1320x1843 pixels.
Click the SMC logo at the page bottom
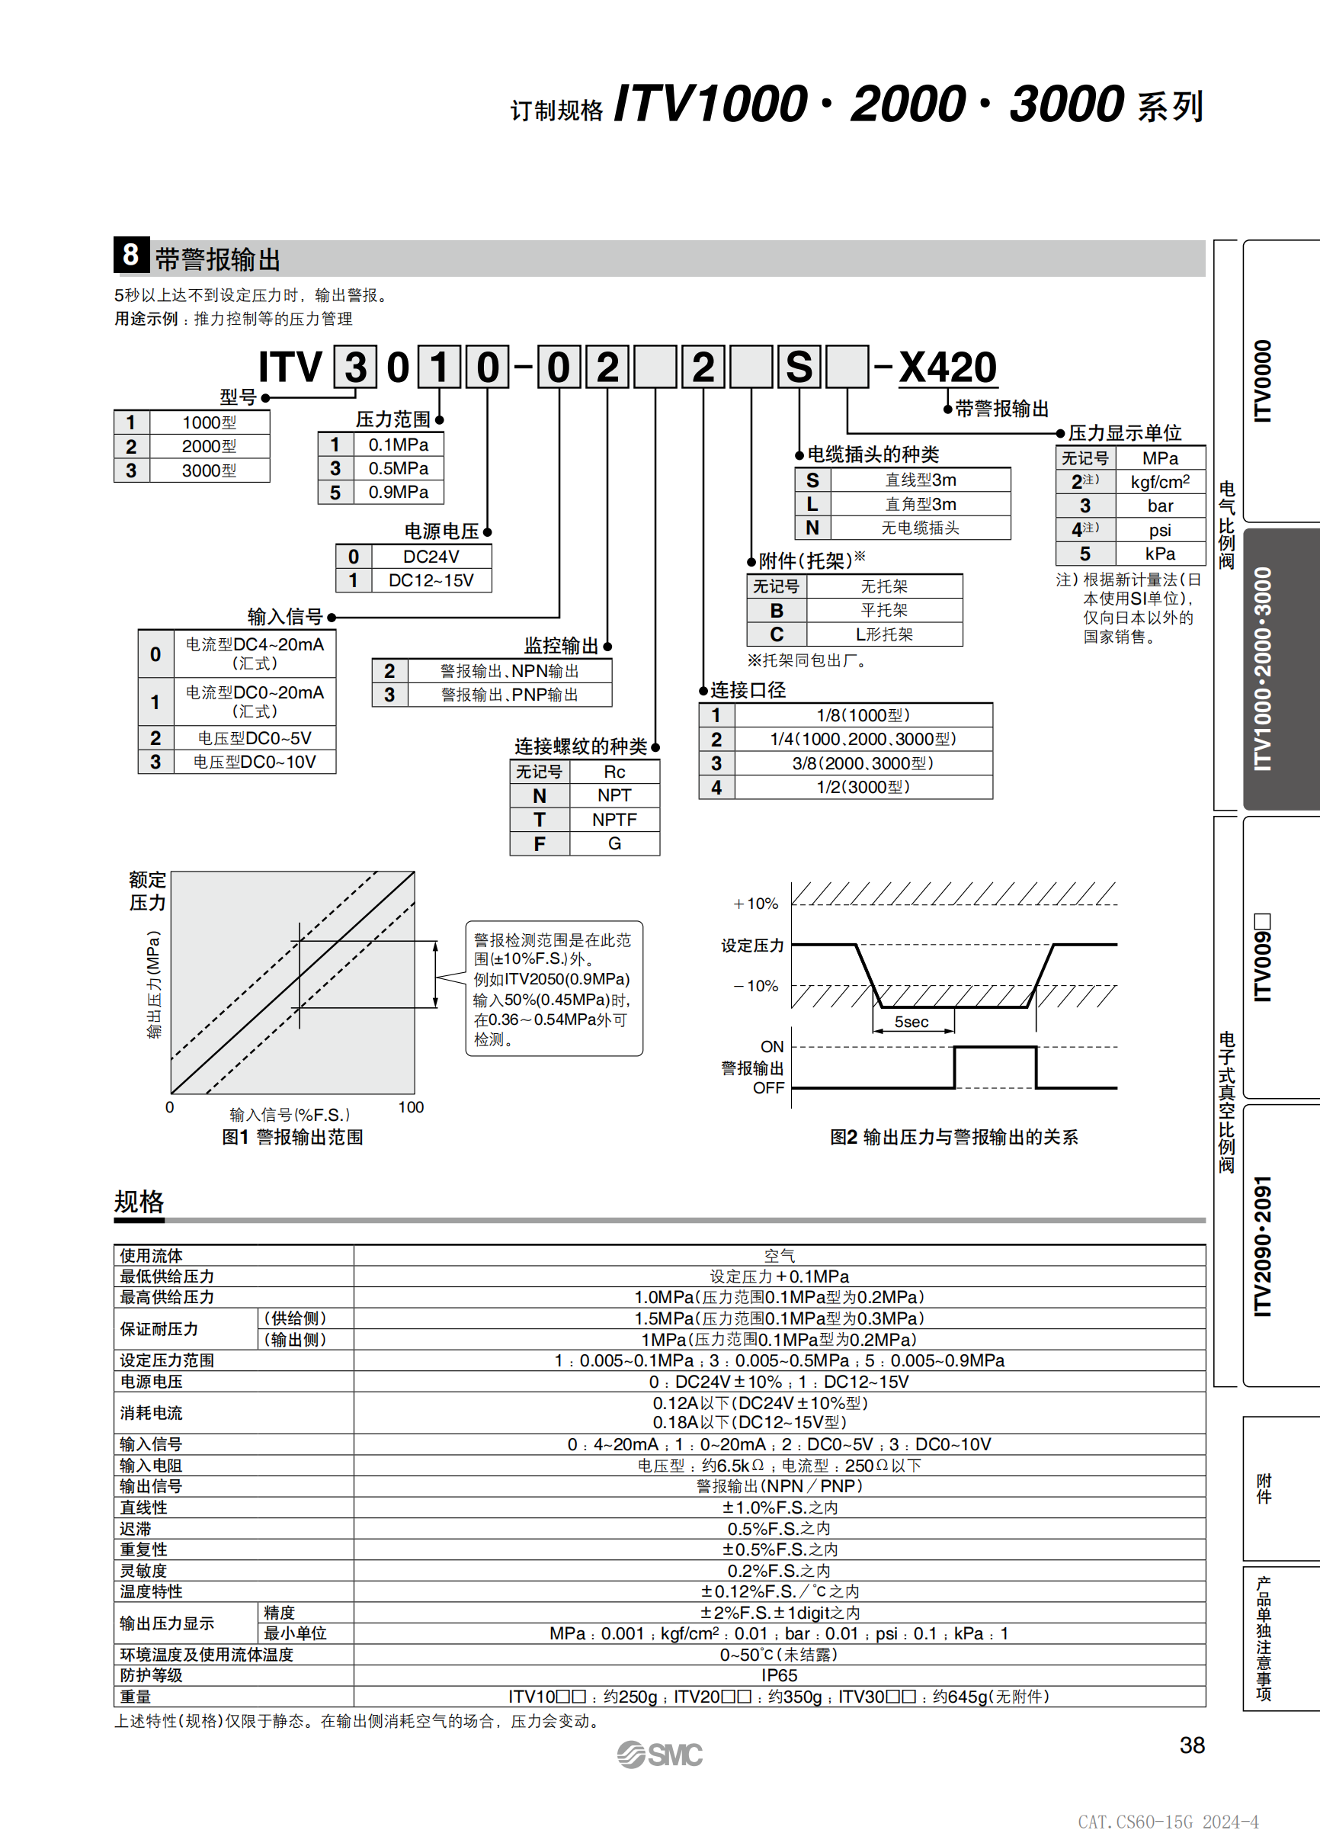coord(659,1755)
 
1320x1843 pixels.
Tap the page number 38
coord(1191,1745)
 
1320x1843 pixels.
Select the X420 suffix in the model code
coord(947,368)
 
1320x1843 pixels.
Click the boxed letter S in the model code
coord(799,368)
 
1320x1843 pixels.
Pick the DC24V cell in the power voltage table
coord(431,557)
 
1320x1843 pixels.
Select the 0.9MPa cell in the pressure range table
coord(398,493)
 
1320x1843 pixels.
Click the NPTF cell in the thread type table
coord(614,819)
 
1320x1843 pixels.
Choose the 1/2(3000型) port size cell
coord(863,787)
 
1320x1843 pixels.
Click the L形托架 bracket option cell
coord(884,634)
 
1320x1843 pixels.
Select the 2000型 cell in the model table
coord(209,446)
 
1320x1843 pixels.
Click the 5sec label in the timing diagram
coord(911,1022)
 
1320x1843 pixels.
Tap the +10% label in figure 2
coord(755,903)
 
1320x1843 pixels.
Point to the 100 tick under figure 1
coord(411,1106)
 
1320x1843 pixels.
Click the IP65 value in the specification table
coord(779,1674)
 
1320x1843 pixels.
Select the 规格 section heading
coord(139,1201)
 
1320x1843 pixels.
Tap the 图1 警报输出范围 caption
coord(293,1137)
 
